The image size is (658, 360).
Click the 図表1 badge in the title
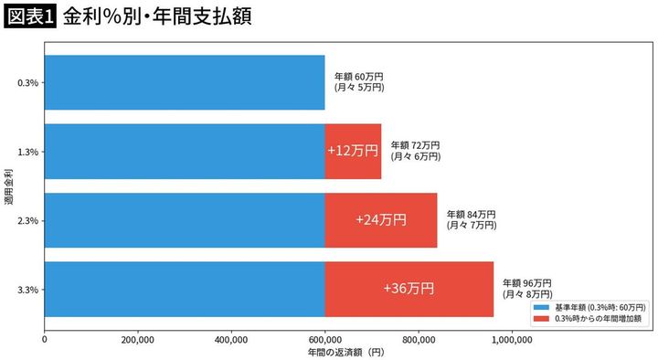[x=29, y=17]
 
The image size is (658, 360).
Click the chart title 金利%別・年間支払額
[x=156, y=17]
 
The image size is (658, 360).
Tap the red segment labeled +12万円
[x=353, y=151]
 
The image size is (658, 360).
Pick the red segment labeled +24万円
[x=381, y=220]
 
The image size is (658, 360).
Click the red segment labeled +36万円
[x=409, y=289]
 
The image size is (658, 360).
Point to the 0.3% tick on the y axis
[x=27, y=83]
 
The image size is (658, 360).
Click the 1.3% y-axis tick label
[x=27, y=152]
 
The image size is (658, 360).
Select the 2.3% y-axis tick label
[x=27, y=220]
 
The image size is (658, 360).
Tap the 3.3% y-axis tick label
[x=27, y=290]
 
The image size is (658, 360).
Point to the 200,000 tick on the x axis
[x=138, y=338]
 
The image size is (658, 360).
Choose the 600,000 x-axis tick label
[x=325, y=338]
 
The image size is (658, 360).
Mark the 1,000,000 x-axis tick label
[x=512, y=338]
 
